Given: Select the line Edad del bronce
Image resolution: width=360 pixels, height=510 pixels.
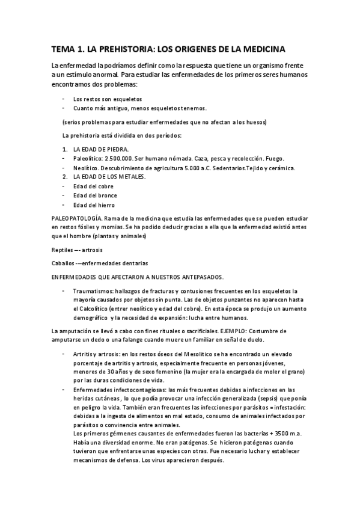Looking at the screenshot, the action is coord(95,195).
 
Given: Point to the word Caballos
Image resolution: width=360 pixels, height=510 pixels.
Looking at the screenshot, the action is coord(63,263).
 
